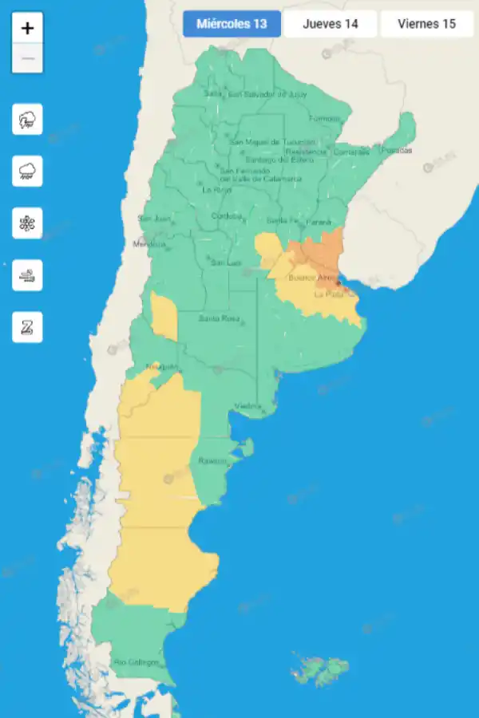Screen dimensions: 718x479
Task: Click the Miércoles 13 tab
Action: [232, 24]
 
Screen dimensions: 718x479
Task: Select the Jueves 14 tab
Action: [330, 24]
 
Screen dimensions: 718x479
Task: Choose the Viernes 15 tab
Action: [426, 24]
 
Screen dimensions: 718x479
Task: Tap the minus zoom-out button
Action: [28, 58]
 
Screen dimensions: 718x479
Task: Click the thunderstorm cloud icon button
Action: [27, 120]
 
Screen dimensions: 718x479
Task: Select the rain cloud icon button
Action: [27, 172]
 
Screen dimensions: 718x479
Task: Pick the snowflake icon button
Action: [27, 223]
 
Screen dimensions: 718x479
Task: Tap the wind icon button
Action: [27, 275]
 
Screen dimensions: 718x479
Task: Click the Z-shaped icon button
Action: [27, 327]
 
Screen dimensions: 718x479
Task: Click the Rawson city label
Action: [213, 461]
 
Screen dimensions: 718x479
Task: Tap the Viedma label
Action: [247, 406]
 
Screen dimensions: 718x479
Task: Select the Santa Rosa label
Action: [220, 318]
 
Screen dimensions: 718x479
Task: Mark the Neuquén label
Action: [161, 367]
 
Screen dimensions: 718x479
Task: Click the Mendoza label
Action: [149, 243]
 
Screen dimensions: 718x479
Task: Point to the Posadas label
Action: [397, 150]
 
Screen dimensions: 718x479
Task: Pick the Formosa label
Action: [324, 119]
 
